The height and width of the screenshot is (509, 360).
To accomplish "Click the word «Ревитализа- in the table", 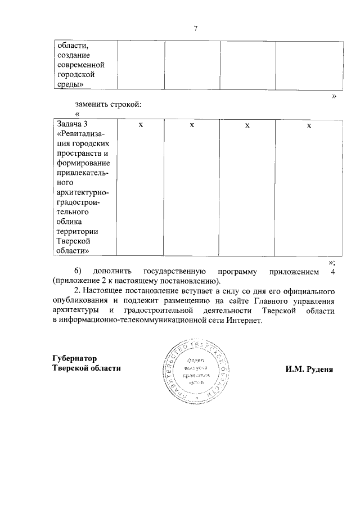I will [x=84, y=133].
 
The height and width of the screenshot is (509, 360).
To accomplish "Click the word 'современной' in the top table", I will [x=80, y=65].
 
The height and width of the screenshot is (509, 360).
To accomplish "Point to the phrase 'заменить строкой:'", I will [x=107, y=104].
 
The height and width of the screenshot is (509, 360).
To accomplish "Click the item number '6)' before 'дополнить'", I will [x=78, y=271].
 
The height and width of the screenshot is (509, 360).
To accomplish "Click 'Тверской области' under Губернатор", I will [x=86, y=368].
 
